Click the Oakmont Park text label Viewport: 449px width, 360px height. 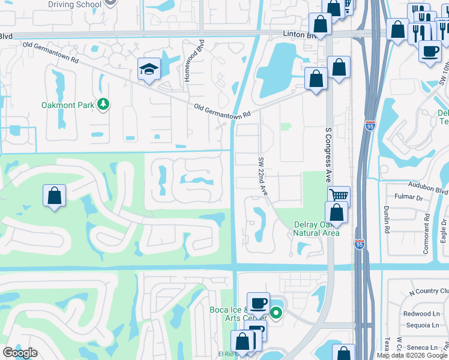[68, 105]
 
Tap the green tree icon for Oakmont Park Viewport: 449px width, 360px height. [104, 104]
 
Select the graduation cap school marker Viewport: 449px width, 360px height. [148, 70]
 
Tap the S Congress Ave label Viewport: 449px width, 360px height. [328, 155]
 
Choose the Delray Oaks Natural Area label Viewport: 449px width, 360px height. [316, 229]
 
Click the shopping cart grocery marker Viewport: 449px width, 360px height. [339, 195]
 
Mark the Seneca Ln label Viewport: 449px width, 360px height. [424, 347]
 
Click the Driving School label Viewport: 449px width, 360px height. [75, 5]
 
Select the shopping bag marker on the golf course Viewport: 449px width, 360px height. [54, 195]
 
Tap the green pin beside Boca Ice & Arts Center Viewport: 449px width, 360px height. [276, 313]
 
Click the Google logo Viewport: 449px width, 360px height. [20, 353]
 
